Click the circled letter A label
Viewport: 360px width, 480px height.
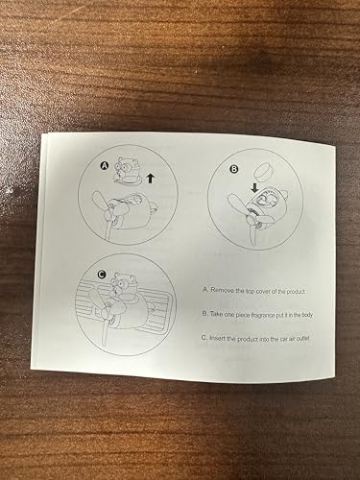(x=105, y=165)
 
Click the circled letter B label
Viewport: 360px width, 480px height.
(x=234, y=169)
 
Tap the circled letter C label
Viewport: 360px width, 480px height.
(x=102, y=275)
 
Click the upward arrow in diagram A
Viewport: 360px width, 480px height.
(x=150, y=179)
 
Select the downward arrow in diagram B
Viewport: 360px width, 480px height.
(x=254, y=187)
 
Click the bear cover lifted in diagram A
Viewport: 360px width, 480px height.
(x=129, y=171)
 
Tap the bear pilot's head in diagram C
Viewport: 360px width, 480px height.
(x=122, y=282)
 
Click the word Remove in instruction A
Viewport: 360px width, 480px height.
(x=222, y=291)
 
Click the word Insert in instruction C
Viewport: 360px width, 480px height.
(x=218, y=338)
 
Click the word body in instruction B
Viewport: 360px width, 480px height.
(x=306, y=315)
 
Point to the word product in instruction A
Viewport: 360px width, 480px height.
(x=296, y=292)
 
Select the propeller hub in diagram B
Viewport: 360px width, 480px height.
(x=252, y=220)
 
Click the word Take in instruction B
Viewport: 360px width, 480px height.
(x=216, y=314)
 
